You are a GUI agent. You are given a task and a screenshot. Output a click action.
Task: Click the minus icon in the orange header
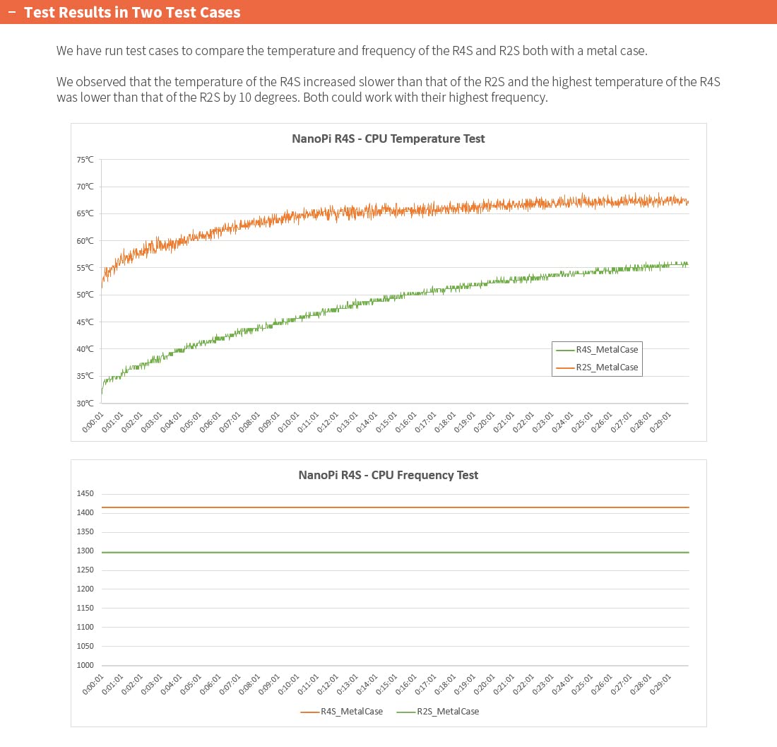coord(11,13)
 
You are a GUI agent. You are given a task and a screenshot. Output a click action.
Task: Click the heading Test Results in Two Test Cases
coord(132,13)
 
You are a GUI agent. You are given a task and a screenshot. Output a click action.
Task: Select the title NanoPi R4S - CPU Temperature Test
coord(388,139)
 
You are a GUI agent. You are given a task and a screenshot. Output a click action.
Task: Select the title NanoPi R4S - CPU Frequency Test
coord(388,475)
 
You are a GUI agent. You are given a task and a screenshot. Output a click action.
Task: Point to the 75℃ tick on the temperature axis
coord(85,160)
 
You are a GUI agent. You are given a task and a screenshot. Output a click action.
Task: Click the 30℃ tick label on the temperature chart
coord(85,404)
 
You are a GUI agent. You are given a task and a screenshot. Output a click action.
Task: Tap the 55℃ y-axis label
coord(85,268)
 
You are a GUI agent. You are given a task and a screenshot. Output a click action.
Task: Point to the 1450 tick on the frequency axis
coord(85,494)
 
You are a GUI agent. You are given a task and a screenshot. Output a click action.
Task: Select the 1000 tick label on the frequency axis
coord(85,666)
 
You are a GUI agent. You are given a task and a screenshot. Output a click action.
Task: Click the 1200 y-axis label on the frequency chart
coord(85,589)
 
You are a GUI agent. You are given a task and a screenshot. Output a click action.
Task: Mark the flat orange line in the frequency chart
coord(396,507)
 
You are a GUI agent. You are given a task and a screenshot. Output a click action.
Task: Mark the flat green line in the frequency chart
coord(396,553)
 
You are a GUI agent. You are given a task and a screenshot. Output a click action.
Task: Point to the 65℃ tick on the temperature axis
coord(85,213)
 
